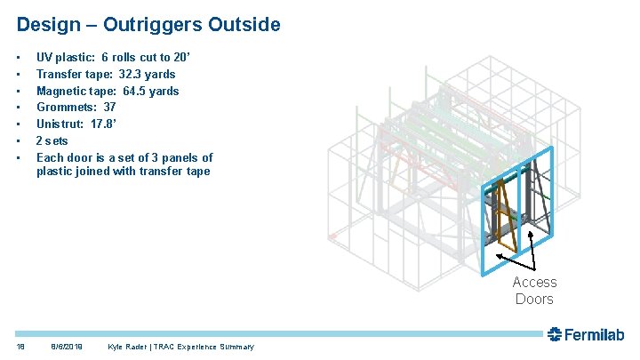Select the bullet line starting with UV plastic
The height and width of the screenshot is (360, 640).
tap(120, 57)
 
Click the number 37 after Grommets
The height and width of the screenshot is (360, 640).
tap(110, 108)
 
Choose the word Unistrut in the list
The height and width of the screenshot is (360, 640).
tap(60, 124)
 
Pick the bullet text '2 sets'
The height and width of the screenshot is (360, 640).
tap(52, 140)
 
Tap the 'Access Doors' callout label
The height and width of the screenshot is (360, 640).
tap(534, 291)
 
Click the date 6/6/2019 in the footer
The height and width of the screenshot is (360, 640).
tap(68, 347)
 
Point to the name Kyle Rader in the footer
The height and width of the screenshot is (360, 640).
tap(129, 347)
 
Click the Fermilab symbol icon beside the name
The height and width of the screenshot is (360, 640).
tap(556, 335)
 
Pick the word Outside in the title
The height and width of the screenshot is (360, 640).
tap(247, 24)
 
